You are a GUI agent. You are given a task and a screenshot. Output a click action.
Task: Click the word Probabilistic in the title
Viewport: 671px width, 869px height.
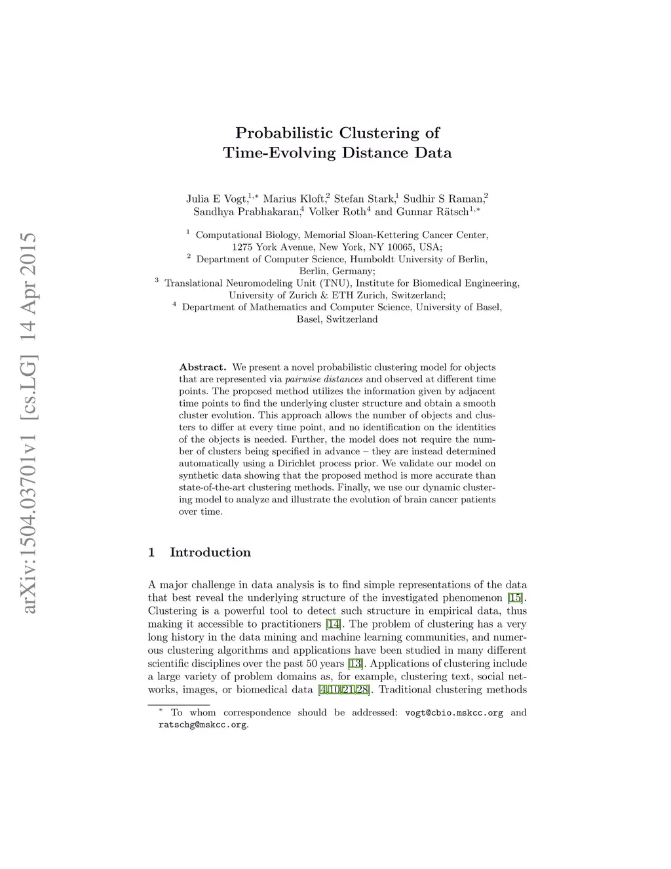[284, 133]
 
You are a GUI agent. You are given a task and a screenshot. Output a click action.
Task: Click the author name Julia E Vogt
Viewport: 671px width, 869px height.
[216, 199]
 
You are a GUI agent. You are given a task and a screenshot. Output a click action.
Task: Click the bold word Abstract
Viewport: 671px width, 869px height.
[202, 367]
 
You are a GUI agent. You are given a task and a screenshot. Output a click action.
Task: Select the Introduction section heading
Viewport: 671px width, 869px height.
[210, 552]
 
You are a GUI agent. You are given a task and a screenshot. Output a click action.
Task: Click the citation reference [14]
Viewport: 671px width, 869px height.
[334, 624]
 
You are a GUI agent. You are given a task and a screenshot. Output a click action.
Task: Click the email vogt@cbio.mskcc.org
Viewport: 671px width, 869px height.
[454, 713]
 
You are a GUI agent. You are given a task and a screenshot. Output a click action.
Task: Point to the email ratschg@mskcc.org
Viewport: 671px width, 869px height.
[202, 725]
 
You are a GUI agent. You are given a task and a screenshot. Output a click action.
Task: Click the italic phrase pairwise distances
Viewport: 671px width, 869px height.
[324, 379]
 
